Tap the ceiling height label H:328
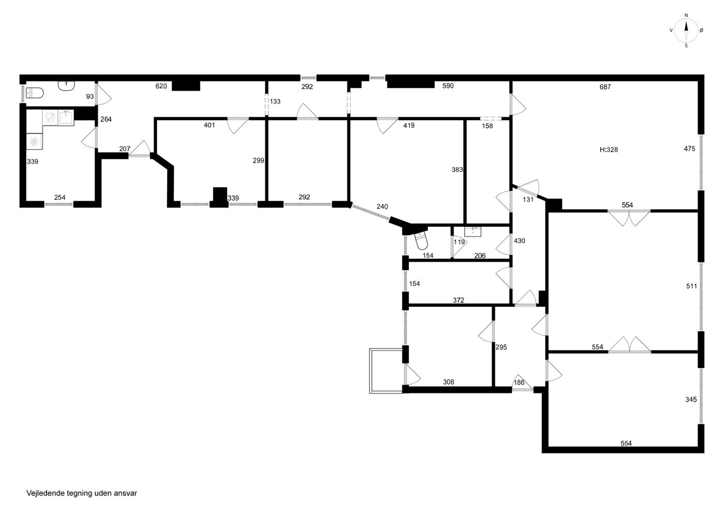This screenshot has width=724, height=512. [609, 150]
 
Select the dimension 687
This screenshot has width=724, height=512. [605, 87]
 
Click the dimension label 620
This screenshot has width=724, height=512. [161, 86]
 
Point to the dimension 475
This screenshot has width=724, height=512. [689, 149]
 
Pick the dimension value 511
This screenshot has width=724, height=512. [691, 286]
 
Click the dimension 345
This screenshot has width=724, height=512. [691, 399]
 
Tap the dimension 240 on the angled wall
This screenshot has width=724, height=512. [382, 207]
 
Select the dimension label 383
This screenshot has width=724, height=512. [457, 170]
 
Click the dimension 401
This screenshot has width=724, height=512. [209, 125]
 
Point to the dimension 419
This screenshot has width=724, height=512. [409, 125]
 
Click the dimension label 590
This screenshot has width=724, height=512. [448, 86]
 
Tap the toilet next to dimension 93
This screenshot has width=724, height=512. [35, 93]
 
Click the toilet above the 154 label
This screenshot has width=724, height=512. [421, 240]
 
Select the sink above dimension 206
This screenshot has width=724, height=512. [473, 232]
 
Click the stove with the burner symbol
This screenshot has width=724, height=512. [34, 141]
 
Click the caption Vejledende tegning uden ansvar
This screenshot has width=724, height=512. [82, 493]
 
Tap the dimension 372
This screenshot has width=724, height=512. [458, 300]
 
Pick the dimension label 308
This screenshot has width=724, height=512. [448, 382]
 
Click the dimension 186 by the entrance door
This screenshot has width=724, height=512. [519, 383]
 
